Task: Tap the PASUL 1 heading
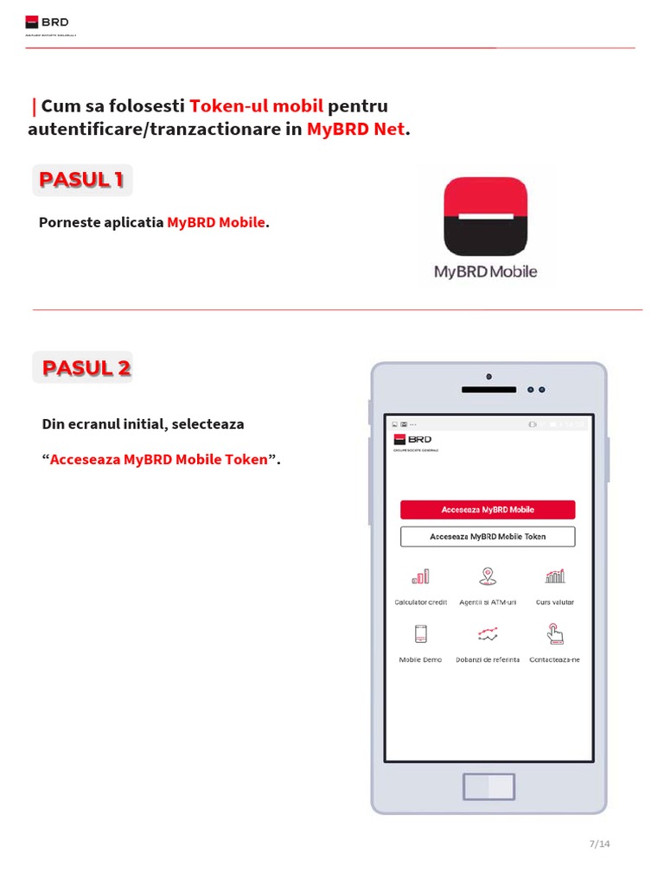pos(82,180)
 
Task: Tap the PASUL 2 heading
pos(86,367)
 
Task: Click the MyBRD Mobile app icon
pos(485,217)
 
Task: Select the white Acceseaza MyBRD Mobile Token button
pos(488,537)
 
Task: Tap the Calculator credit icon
pos(420,576)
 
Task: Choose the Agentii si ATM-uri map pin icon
pos(488,576)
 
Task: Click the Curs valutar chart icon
pos(555,576)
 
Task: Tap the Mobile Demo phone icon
pos(421,634)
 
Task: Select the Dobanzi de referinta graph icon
pos(488,635)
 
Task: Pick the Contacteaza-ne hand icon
pos(555,635)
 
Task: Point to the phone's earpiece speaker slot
pos(488,390)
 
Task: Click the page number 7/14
pos(599,844)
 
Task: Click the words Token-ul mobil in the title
pos(256,106)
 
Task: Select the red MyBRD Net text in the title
pos(355,130)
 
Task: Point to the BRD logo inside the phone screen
pos(412,440)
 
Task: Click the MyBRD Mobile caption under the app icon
pos(485,271)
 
